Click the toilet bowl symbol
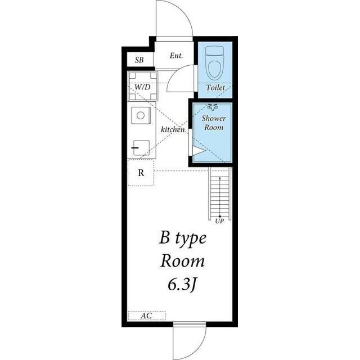[214, 62]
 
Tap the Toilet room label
[215, 88]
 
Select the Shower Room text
[214, 123]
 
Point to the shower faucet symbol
[213, 107]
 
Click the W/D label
[142, 87]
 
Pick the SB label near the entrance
[139, 60]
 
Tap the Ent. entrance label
[176, 56]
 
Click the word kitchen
[173, 129]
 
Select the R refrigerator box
[141, 173]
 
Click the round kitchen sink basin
[141, 115]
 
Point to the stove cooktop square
[141, 147]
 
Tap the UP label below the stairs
[219, 221]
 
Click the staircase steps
[220, 193]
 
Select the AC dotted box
[147, 316]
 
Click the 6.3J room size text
[182, 285]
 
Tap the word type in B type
[191, 238]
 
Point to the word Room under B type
[182, 261]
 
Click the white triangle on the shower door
[198, 151]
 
